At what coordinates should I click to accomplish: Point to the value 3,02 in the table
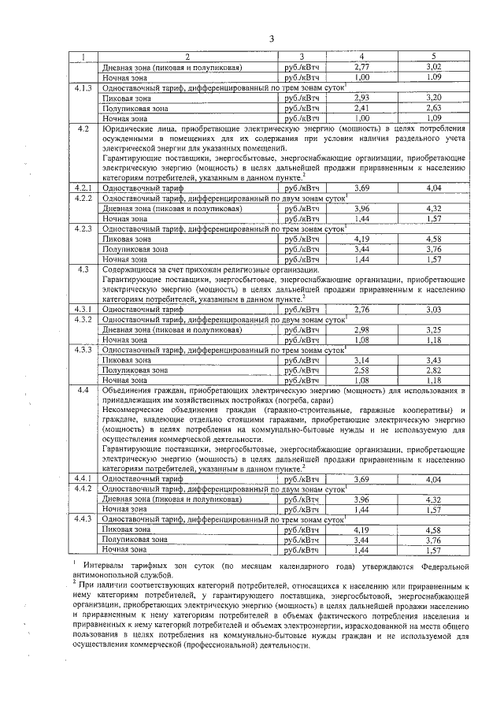(432, 69)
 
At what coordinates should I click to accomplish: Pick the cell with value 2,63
(432, 108)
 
